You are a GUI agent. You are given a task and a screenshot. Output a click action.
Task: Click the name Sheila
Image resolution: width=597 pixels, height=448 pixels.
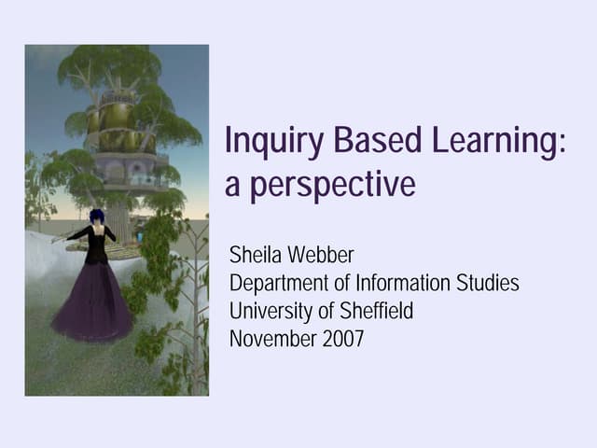[255, 254]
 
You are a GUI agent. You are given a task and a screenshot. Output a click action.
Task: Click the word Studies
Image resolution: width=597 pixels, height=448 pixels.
[488, 282]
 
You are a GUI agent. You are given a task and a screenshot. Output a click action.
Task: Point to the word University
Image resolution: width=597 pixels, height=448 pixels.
[270, 311]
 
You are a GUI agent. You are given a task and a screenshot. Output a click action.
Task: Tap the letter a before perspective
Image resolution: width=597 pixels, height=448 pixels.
[233, 185]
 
